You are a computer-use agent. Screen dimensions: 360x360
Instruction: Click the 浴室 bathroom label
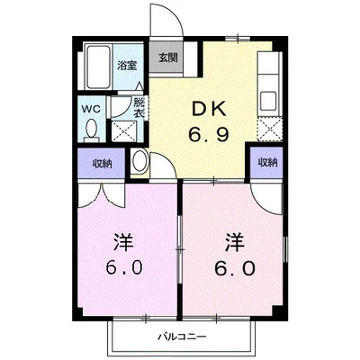pos(128,66)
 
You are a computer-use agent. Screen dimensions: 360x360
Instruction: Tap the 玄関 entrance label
pos(167,58)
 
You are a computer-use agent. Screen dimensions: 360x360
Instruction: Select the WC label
pos(91,108)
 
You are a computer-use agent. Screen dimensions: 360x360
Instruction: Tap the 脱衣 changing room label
pos(139,108)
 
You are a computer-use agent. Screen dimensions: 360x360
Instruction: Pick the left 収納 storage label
pos(102,163)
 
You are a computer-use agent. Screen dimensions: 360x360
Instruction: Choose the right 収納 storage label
pos(267,163)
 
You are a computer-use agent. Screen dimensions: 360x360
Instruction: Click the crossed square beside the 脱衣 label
pos(122,128)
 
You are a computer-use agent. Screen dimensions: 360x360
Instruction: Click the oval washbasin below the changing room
pos(139,163)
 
